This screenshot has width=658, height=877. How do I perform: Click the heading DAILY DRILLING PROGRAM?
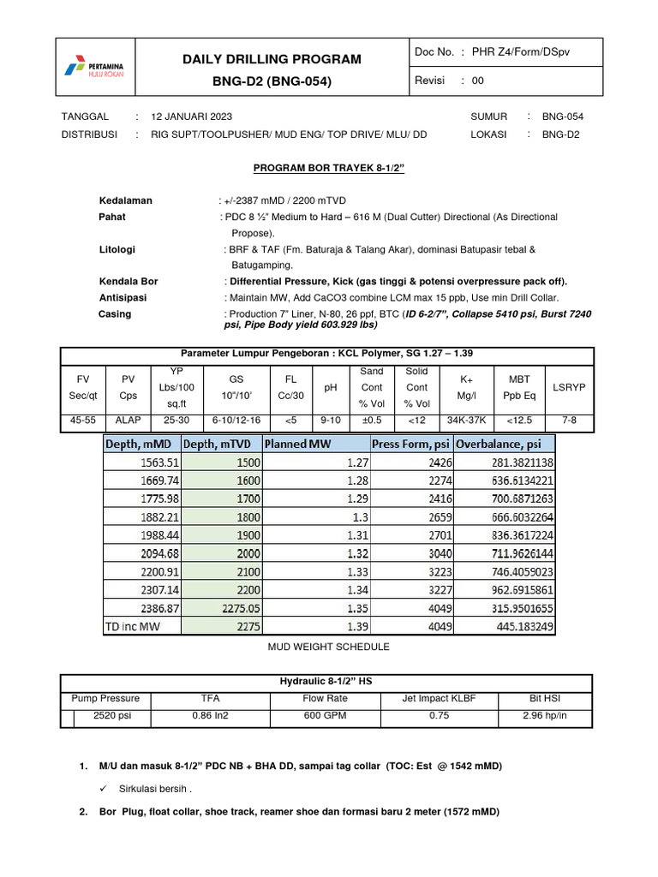coord(272,59)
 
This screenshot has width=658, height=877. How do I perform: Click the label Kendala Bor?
coord(129,281)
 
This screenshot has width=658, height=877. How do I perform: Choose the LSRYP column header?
coord(569,387)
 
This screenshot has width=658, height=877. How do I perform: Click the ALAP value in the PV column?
coord(128,421)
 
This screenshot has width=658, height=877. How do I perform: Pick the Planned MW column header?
coord(299,444)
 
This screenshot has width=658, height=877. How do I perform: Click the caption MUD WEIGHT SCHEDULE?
coord(328,647)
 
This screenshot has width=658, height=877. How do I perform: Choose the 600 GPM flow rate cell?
coord(326,715)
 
